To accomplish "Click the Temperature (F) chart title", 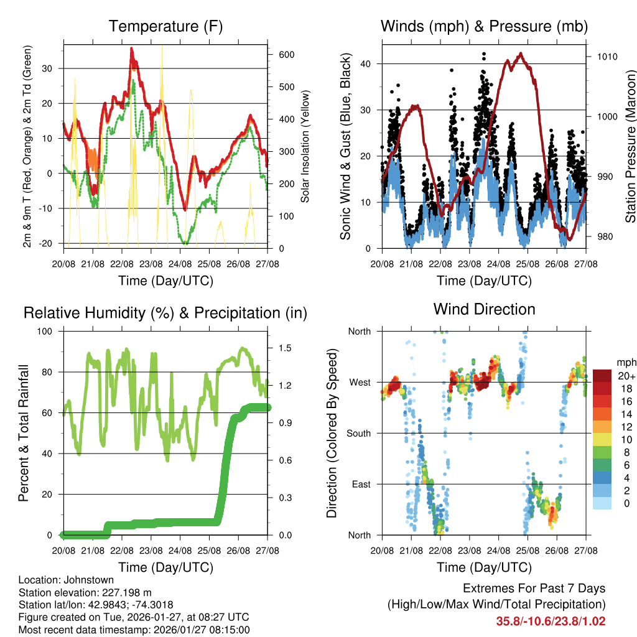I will [x=165, y=26].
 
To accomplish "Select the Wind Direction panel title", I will [x=484, y=309].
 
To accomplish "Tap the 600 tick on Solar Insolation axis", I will [x=286, y=55].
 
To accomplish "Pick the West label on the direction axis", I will [x=359, y=382].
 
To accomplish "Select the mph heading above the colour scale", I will [x=625, y=362].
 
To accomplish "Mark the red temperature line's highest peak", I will [x=131, y=49].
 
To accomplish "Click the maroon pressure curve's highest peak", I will [x=521, y=54].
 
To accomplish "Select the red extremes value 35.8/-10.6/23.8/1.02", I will [x=551, y=621].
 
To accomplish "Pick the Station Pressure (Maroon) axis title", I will [x=630, y=147].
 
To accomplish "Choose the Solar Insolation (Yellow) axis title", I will [x=305, y=147].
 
